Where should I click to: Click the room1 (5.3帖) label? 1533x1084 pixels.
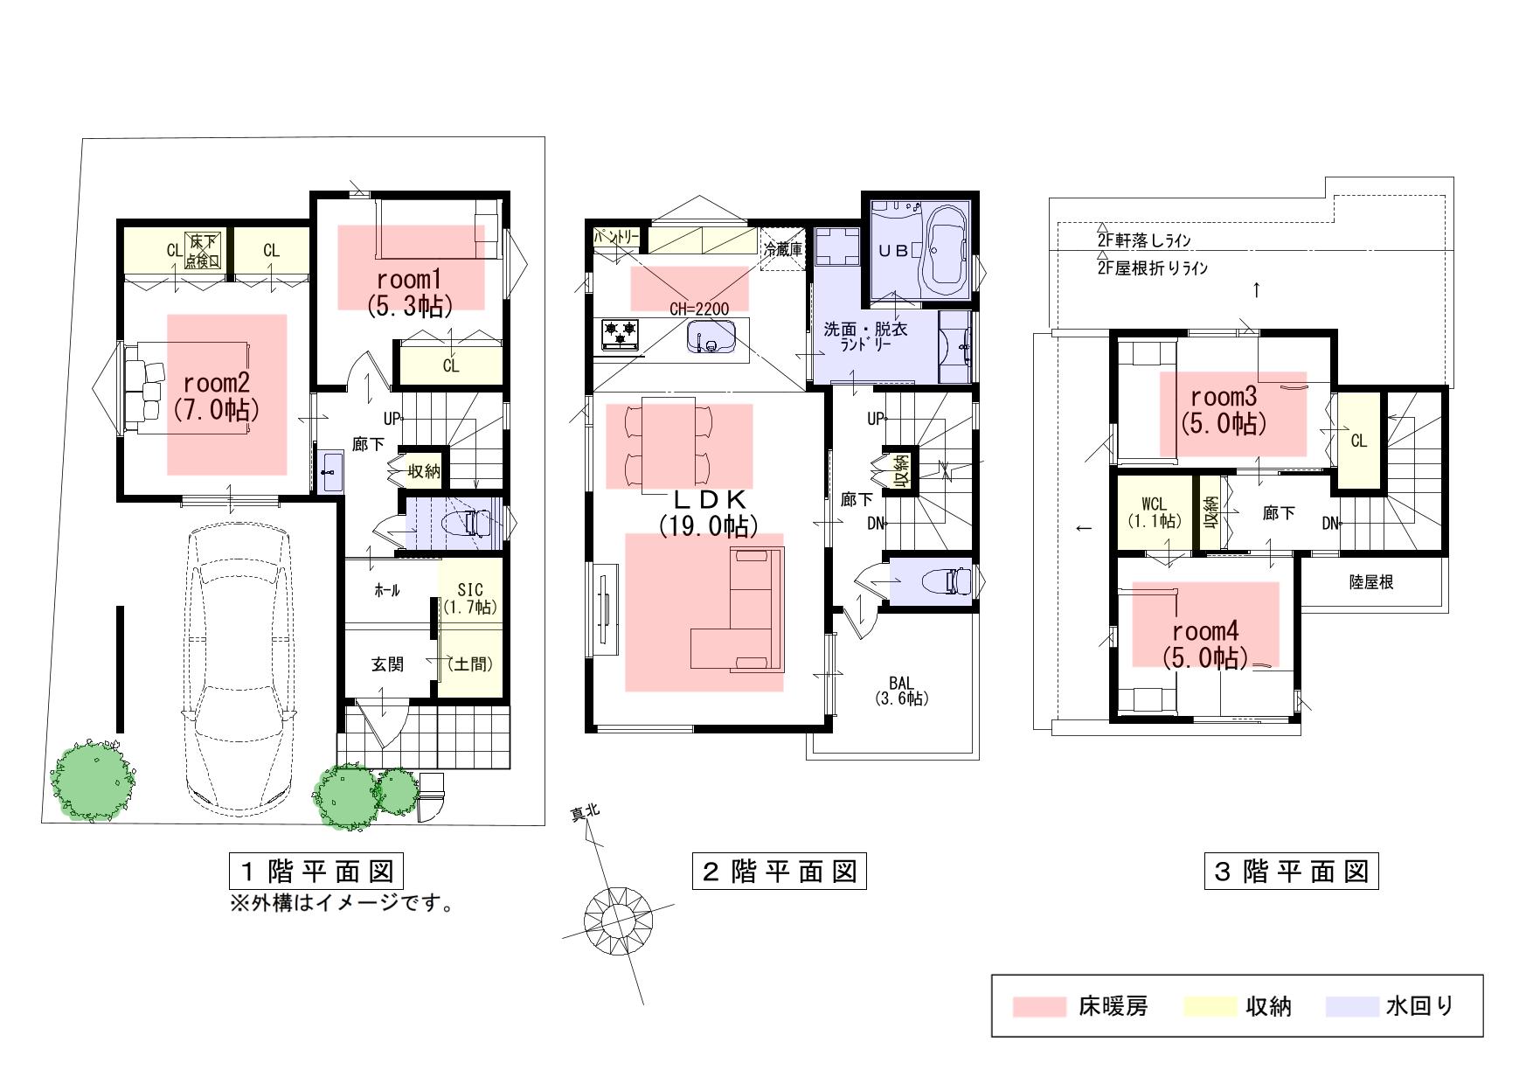410,293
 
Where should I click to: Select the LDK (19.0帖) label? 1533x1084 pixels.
709,512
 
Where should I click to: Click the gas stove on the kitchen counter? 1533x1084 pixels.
620,334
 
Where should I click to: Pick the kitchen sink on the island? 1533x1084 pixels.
713,336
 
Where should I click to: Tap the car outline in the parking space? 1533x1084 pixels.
238,663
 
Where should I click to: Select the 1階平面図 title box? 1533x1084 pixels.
317,871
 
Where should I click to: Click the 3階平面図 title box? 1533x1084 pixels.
1291,871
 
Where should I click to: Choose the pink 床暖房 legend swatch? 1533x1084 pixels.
1040,1007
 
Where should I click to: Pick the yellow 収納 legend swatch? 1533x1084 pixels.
1210,1007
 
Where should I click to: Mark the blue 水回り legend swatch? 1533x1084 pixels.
1353,1007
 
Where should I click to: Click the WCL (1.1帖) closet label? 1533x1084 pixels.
1155,513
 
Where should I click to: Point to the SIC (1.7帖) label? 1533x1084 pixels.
470,599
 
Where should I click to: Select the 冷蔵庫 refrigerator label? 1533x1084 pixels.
782,249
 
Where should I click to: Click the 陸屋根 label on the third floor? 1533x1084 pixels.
1370,581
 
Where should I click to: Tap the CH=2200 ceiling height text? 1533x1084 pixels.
698,308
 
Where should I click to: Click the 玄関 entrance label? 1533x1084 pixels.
388,664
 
